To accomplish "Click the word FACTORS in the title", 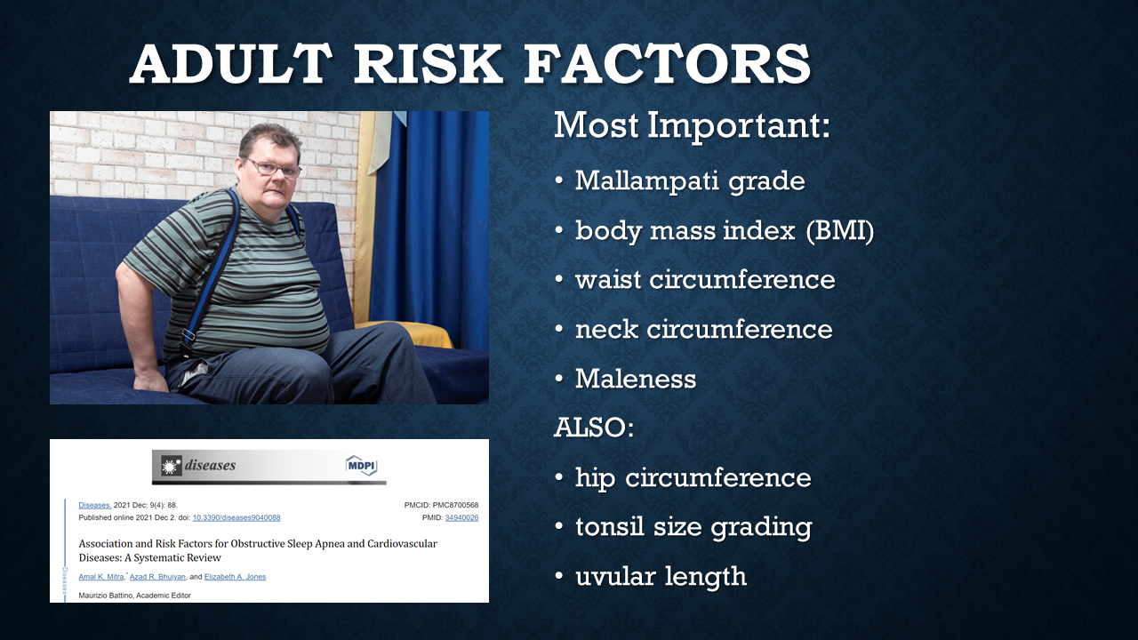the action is [x=667, y=64].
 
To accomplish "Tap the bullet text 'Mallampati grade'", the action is [x=690, y=181].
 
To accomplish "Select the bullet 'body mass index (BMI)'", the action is [x=725, y=231].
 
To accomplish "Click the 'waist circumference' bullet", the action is [x=705, y=280].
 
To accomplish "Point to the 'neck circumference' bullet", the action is [x=703, y=330].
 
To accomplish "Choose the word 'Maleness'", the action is [x=636, y=379].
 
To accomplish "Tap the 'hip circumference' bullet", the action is [x=693, y=478].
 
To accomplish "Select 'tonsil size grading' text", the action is [x=693, y=527].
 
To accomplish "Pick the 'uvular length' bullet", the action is [x=661, y=577].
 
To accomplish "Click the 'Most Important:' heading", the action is [x=692, y=125].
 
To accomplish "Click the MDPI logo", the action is [x=361, y=465].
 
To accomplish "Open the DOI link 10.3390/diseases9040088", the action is [x=236, y=517].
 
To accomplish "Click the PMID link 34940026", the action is [x=461, y=517].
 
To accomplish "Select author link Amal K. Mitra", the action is [x=101, y=577].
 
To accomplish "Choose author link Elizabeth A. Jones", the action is [x=235, y=577].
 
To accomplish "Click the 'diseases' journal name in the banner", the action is [x=210, y=465].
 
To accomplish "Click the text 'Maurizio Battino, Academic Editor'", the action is [x=134, y=596].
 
